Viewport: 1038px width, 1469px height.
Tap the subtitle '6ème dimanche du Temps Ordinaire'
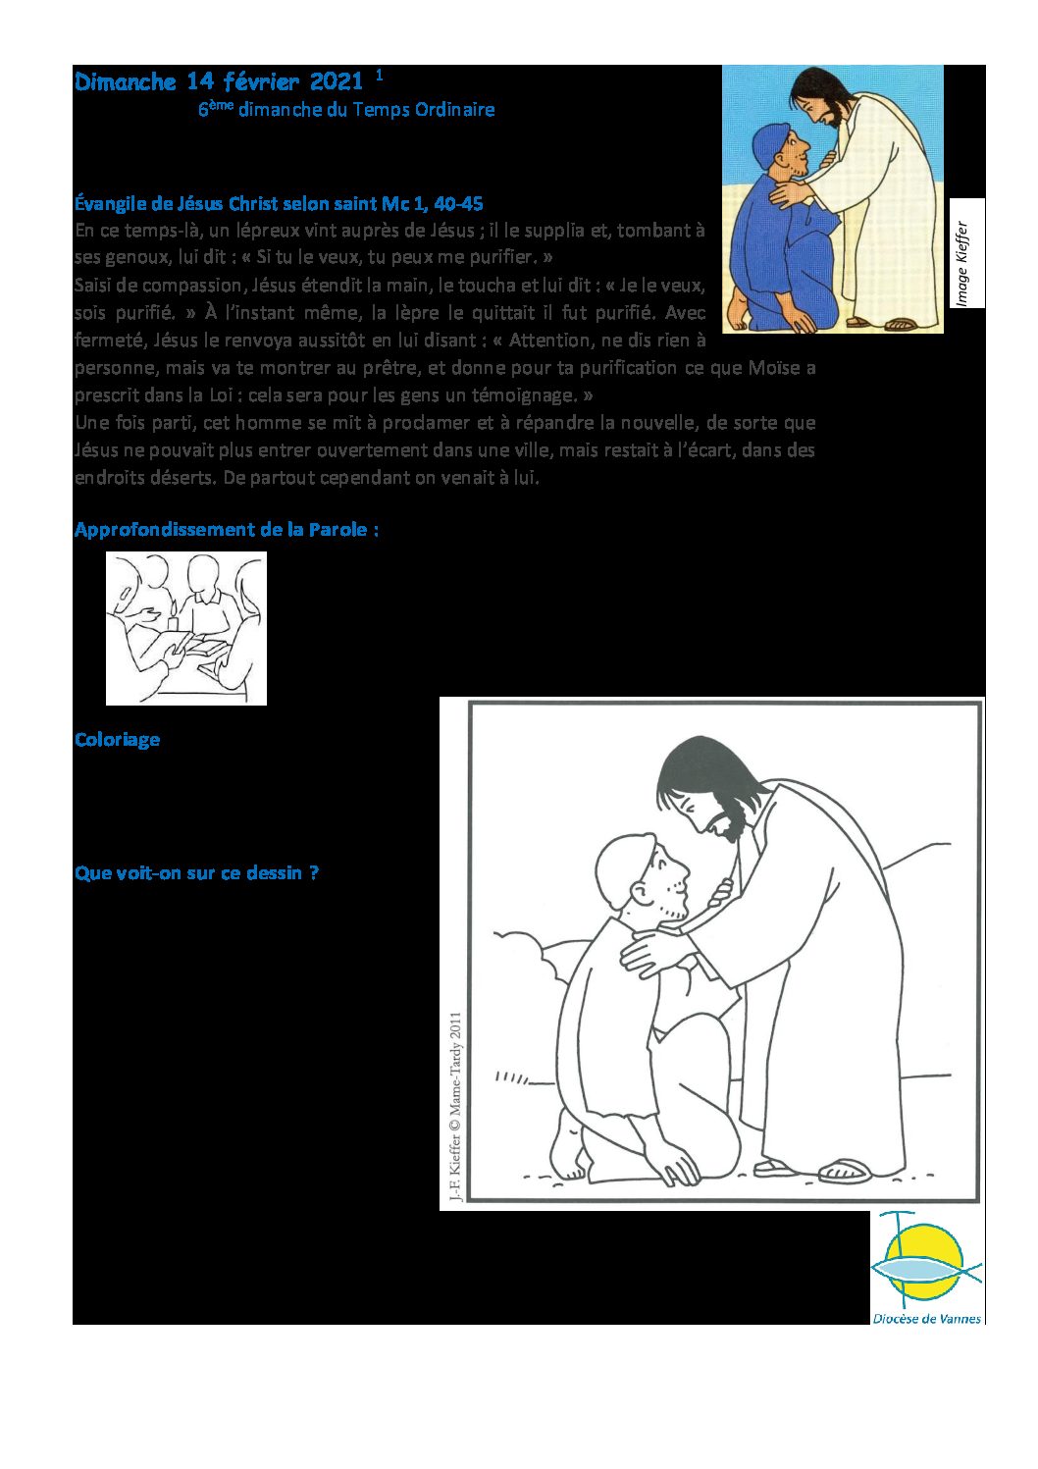tap(346, 110)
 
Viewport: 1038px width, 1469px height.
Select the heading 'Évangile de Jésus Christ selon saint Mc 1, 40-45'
tap(279, 204)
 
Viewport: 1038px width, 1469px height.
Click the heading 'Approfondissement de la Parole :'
tap(227, 530)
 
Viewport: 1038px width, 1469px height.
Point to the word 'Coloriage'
tap(117, 740)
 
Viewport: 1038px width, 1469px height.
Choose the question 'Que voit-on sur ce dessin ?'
tap(196, 873)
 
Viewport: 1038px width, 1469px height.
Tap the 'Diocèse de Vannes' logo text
tap(926, 1319)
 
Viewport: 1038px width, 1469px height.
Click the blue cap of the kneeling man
tap(769, 143)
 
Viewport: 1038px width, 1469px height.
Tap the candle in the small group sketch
tap(174, 621)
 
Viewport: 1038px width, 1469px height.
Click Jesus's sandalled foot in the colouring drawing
tap(844, 1170)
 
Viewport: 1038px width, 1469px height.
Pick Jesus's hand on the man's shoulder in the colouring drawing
tap(652, 950)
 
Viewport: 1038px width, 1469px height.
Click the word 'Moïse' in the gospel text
tap(772, 368)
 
